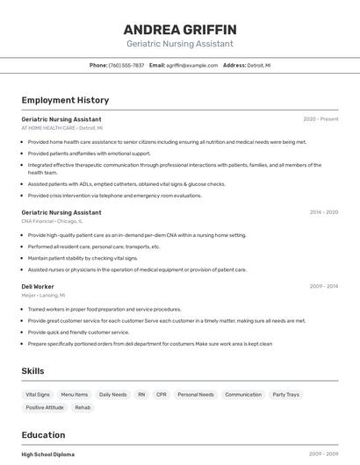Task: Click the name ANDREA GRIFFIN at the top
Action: click(180, 30)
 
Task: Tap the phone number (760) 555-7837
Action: click(126, 65)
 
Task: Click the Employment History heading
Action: click(65, 100)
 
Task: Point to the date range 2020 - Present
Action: click(320, 119)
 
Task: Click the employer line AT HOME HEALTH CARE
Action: click(48, 128)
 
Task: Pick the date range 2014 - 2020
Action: click(323, 212)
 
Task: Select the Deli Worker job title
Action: click(38, 287)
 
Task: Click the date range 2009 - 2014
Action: click(323, 287)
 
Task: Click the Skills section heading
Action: click(33, 371)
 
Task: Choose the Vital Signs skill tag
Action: click(38, 395)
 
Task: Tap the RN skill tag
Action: click(141, 395)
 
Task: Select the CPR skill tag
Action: click(162, 395)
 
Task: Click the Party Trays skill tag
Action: click(285, 395)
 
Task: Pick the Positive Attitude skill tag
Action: click(45, 408)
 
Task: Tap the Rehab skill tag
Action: click(83, 408)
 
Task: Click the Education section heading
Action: click(44, 435)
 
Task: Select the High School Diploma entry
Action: click(48, 454)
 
